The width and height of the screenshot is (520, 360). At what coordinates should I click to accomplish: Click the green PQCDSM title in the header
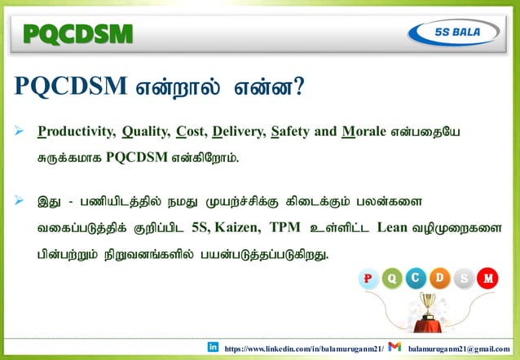coord(77,33)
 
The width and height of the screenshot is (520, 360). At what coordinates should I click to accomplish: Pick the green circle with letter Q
coord(391,279)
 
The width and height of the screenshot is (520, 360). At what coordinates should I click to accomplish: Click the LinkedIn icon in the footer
coord(213,347)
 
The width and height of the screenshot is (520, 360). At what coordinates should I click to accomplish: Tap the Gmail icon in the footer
coord(395,347)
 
